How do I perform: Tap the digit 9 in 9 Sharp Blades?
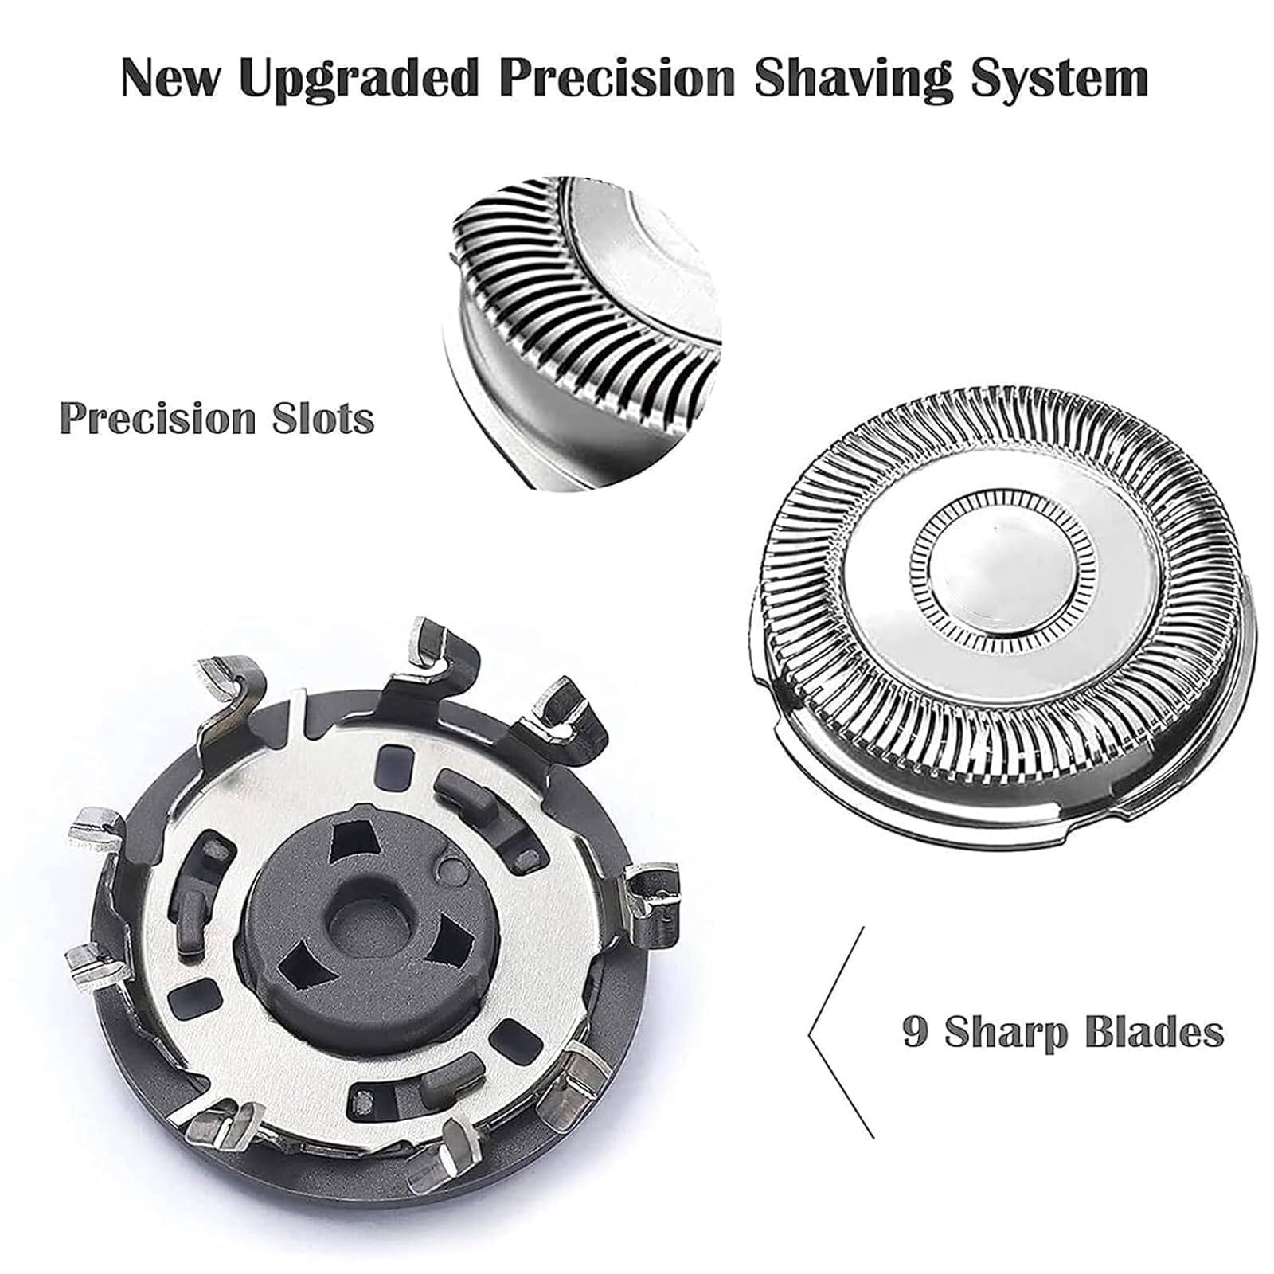(x=915, y=1032)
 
